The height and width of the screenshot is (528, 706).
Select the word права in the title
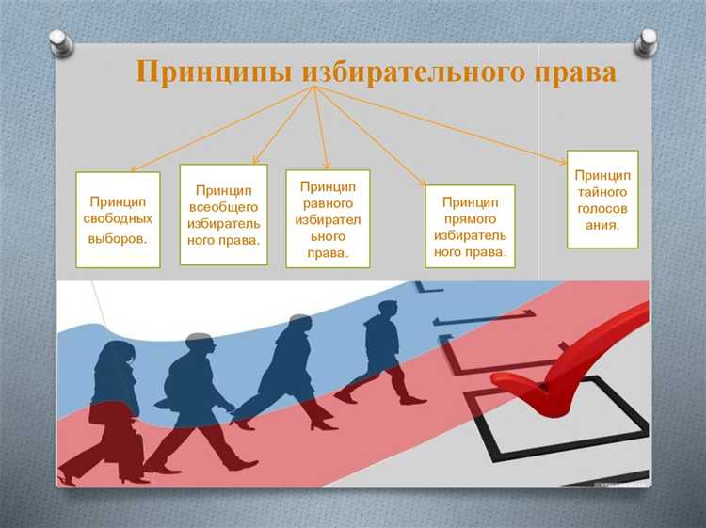pos(575,72)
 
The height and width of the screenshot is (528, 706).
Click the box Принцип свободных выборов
pos(118,219)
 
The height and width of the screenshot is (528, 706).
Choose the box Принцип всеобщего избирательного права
pos(223,214)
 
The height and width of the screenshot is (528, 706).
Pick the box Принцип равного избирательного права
pos(329,218)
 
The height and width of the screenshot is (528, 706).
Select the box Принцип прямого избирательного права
pos(470,226)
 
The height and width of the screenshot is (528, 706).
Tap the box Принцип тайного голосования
pos(602,200)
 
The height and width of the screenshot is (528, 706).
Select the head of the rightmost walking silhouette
pos(386,312)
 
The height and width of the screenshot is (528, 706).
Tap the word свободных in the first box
pos(118,219)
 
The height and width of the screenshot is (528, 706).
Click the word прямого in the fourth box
pos(470,218)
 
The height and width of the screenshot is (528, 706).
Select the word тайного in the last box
pos(603,192)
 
